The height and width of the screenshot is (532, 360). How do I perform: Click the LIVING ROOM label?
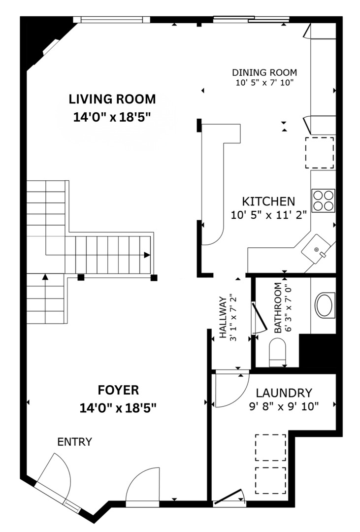point(112,99)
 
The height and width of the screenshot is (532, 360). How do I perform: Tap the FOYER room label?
point(118,391)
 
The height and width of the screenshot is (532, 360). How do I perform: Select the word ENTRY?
point(74,442)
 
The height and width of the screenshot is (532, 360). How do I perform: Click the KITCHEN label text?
point(268,201)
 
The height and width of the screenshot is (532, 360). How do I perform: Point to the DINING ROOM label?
point(264,72)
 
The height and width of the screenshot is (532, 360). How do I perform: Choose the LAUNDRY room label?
point(284,393)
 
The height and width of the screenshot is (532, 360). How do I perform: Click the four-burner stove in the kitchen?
point(324,200)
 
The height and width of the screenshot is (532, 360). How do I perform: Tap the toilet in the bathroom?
point(279,354)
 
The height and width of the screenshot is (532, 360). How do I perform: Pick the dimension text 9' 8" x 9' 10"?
point(283,406)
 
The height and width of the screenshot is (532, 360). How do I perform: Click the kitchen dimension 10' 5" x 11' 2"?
point(268,215)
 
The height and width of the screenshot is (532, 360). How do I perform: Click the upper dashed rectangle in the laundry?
point(270,447)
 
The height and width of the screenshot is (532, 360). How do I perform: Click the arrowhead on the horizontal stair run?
point(147,255)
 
